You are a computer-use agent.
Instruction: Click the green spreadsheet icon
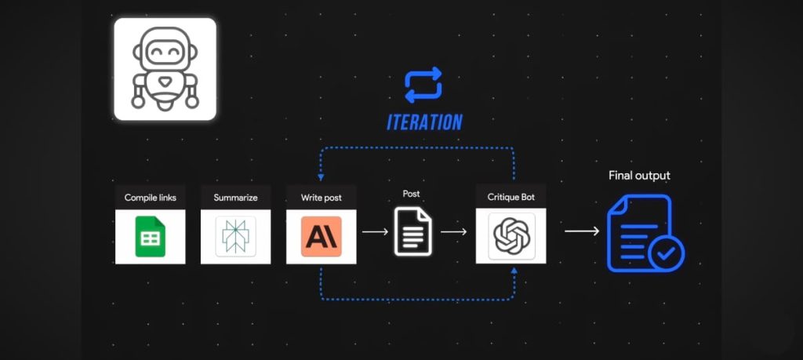(x=151, y=236)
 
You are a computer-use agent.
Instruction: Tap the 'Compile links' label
(x=150, y=198)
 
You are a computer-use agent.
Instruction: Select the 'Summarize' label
(x=235, y=198)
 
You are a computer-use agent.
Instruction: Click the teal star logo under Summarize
(x=235, y=236)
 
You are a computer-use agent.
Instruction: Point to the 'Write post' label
(x=321, y=198)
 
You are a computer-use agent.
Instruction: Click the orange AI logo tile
(x=321, y=236)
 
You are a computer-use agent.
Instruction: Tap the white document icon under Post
(x=412, y=231)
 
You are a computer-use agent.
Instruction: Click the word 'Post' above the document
(x=411, y=194)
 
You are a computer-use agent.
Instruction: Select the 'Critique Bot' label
(x=511, y=198)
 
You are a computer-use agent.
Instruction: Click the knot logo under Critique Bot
(x=511, y=235)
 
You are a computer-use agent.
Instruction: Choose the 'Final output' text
(x=639, y=176)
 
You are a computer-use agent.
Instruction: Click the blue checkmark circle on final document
(x=666, y=253)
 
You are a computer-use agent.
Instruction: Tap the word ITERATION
(x=424, y=122)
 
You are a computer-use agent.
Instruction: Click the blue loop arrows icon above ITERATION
(x=423, y=85)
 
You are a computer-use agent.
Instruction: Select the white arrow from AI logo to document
(x=375, y=232)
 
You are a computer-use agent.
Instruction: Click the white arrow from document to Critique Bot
(x=454, y=232)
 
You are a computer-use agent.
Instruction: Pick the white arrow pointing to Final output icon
(x=582, y=232)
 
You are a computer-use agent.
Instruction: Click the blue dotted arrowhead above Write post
(x=321, y=177)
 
